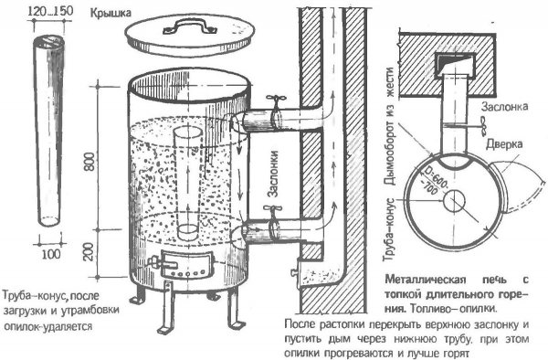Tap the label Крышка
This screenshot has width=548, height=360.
(111, 14)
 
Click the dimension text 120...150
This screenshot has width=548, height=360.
(50, 11)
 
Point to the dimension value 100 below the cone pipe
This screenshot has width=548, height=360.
(51, 254)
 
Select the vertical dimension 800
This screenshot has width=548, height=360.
(90, 161)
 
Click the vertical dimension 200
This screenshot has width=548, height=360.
(90, 251)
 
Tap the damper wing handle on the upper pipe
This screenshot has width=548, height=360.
(276, 100)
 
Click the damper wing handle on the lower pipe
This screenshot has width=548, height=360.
(273, 209)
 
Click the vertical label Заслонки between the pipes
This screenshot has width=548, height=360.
(273, 174)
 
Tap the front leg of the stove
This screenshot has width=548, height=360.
(167, 306)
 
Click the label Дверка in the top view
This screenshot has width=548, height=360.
(504, 144)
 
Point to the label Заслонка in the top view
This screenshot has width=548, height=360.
(505, 107)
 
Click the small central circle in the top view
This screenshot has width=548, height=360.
(455, 201)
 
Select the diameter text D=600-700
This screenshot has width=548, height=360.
(436, 181)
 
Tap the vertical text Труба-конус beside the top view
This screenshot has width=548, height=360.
(389, 230)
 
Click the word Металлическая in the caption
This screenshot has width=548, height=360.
(426, 280)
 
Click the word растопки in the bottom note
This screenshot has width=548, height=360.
(344, 324)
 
